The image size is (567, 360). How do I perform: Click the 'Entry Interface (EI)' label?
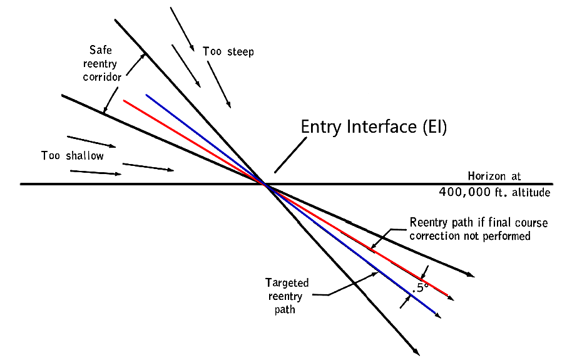[x=374, y=126]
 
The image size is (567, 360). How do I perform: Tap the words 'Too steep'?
[x=228, y=51]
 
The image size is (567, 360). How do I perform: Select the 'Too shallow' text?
[x=73, y=155]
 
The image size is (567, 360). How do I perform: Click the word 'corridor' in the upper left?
[x=101, y=78]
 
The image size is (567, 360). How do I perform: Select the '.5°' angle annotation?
[x=419, y=287]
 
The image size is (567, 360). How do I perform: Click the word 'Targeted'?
[x=287, y=283]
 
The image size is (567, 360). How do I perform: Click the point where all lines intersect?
[x=266, y=184]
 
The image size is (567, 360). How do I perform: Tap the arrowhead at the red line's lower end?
[x=451, y=298]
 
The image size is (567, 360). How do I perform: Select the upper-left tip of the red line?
[x=125, y=100]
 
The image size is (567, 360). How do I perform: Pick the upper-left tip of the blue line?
[x=146, y=95]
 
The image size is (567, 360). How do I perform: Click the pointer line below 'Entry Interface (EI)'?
[x=291, y=155]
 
